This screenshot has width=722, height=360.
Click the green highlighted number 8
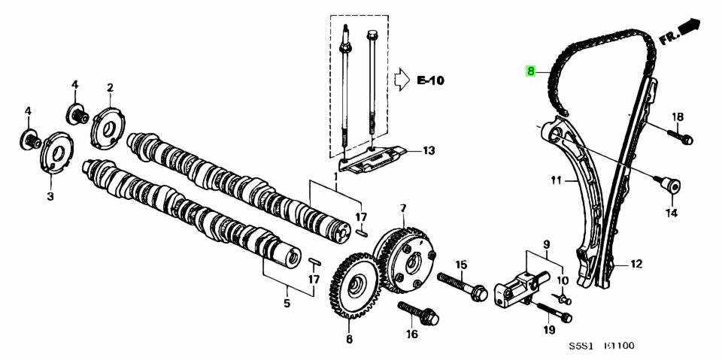pyautogui.click(x=530, y=71)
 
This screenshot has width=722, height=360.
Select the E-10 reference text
pyautogui.click(x=431, y=78)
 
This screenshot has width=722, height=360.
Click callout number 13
pyautogui.click(x=428, y=151)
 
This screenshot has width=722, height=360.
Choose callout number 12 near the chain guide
pyautogui.click(x=636, y=264)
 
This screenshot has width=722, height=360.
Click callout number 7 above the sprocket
pyautogui.click(x=403, y=207)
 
